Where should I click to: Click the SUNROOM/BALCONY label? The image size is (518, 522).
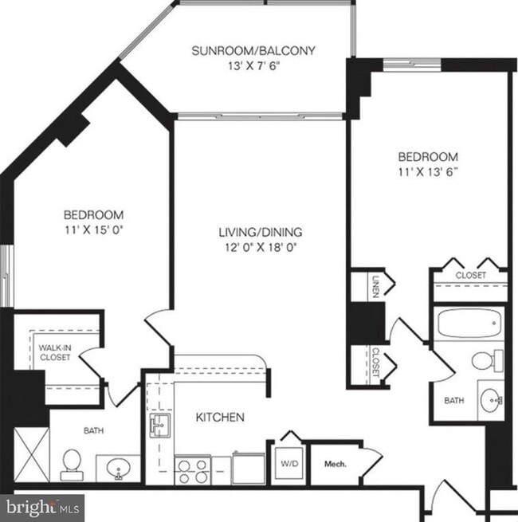click(x=253, y=51)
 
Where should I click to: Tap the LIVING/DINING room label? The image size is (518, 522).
click(x=261, y=233)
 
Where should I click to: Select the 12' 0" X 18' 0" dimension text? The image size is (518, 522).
click(x=261, y=247)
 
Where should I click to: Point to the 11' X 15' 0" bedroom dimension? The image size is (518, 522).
click(x=93, y=230)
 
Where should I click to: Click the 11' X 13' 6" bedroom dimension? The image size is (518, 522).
click(x=428, y=171)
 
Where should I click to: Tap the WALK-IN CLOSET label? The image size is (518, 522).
click(x=54, y=353)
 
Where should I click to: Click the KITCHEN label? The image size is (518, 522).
click(x=221, y=417)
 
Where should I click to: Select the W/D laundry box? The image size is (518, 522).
click(x=288, y=461)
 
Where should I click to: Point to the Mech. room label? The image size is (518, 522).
click(x=335, y=464)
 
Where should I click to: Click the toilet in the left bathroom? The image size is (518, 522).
click(x=71, y=462)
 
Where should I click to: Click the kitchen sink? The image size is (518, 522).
click(x=156, y=424)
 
